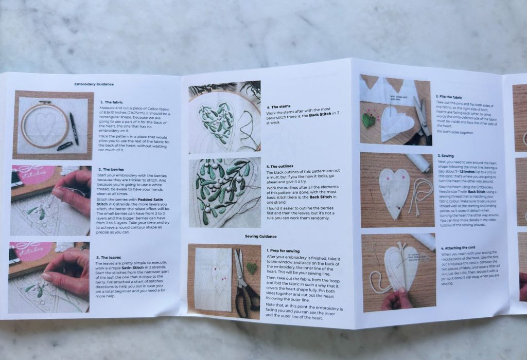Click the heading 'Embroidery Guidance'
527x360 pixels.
(94, 84)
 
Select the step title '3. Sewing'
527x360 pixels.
(446, 155)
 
